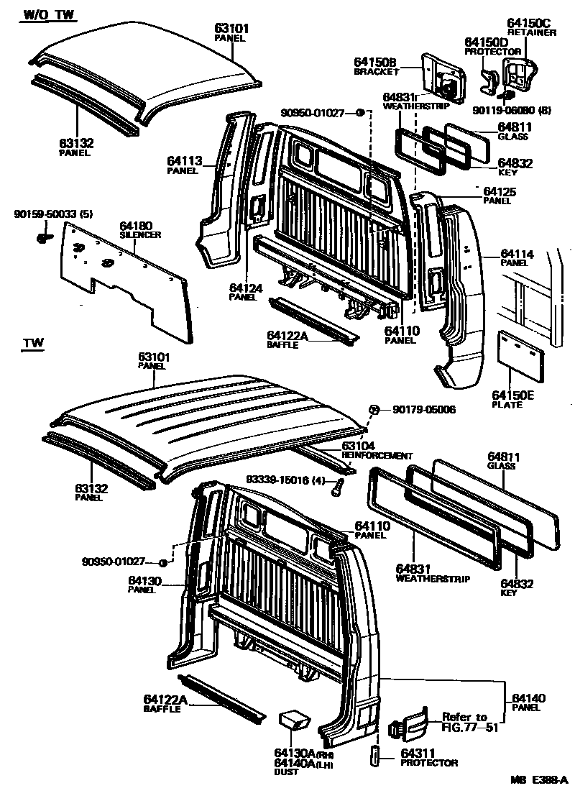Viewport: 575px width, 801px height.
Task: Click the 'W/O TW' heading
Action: coord(49,14)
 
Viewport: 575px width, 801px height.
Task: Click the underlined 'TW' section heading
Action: coord(33,344)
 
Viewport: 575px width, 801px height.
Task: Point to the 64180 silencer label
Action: coord(136,226)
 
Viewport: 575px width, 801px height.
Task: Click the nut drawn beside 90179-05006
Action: coord(374,410)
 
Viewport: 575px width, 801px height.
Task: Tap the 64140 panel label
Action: coord(530,698)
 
